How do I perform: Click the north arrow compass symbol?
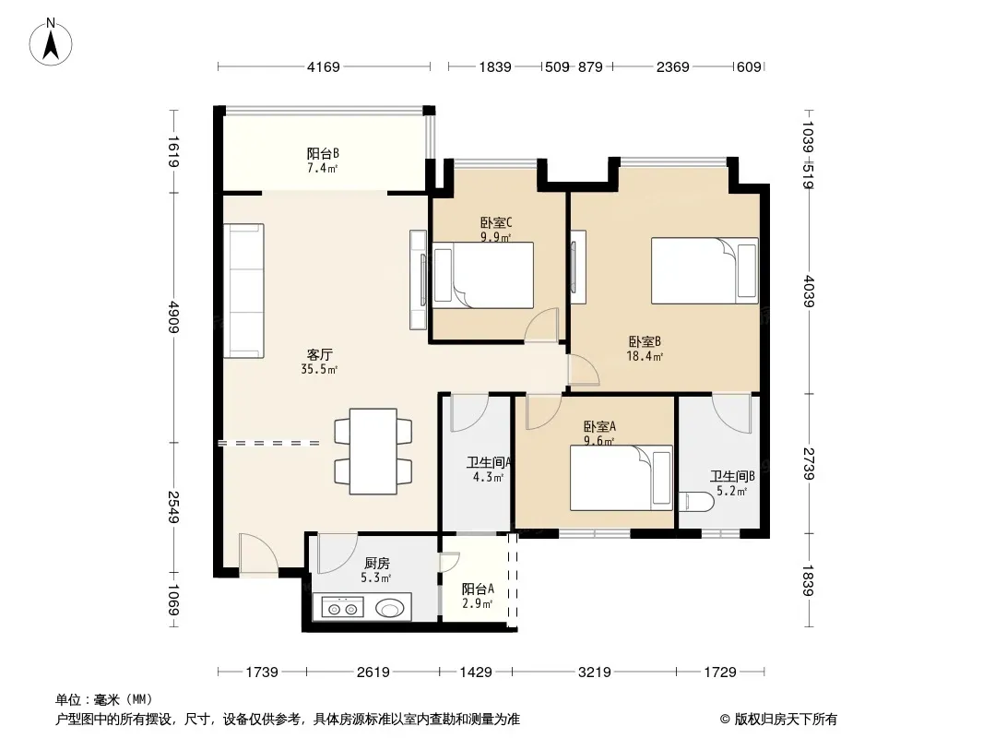51,42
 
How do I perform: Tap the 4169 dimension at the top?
323,66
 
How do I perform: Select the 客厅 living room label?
319,355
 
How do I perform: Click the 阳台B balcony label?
323,154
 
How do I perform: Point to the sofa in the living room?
243,291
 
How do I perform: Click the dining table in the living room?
373,451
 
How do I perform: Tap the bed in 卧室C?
483,275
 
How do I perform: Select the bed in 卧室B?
705,271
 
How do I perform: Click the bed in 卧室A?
622,478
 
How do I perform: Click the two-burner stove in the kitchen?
342,607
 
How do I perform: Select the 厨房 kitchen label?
377,564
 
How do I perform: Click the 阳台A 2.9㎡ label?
478,596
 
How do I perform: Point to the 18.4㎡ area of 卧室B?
645,357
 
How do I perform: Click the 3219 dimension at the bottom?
594,673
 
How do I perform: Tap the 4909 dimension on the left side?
173,317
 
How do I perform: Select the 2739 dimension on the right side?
808,464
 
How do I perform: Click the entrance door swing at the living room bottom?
258,553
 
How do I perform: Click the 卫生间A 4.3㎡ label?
489,470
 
